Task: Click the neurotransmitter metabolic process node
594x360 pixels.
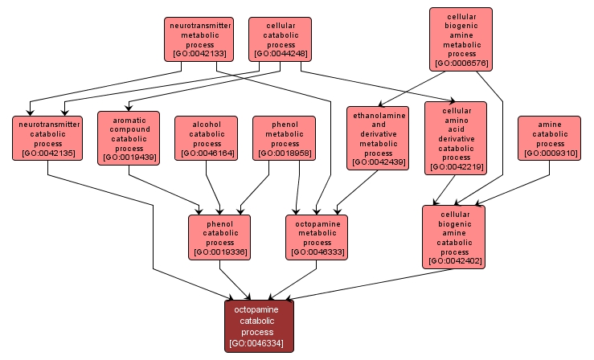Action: pos(199,39)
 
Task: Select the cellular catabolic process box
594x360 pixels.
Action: pos(280,39)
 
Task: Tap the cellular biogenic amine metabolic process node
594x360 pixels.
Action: pos(461,39)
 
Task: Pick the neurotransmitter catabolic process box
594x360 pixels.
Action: pos(47,137)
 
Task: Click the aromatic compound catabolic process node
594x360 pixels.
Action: pos(129,137)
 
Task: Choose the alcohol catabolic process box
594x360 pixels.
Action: pos(207,137)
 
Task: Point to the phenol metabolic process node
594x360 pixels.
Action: pos(284,137)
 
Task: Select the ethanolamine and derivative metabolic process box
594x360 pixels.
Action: pos(378,137)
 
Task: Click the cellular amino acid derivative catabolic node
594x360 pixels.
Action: pos(455,137)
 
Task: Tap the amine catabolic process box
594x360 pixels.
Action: pos(550,137)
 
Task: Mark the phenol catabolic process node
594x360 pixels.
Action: pos(219,237)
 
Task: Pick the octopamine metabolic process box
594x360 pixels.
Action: pos(317,237)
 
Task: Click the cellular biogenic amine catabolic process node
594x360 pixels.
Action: pos(454,236)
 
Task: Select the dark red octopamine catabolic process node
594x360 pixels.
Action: pos(259,325)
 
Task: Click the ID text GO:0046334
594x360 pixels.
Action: pos(259,344)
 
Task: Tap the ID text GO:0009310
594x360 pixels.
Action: pos(550,153)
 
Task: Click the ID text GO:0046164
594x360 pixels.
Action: pos(207,153)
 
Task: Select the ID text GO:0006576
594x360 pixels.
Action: pos(461,63)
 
